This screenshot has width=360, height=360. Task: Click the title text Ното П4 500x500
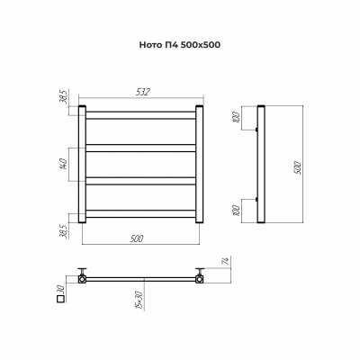tap(180, 45)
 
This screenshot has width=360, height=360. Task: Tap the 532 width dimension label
tap(142, 92)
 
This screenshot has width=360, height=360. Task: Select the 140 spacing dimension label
tap(64, 165)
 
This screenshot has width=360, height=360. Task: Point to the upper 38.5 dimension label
tap(64, 96)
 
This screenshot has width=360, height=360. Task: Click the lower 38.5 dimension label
tap(64, 231)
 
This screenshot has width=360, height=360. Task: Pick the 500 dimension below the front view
tap(137, 238)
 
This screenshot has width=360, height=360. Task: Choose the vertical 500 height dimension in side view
tap(298, 167)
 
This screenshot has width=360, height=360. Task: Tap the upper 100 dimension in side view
tap(238, 117)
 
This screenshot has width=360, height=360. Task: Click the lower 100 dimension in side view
tap(238, 211)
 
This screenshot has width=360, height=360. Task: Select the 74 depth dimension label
tap(227, 261)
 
